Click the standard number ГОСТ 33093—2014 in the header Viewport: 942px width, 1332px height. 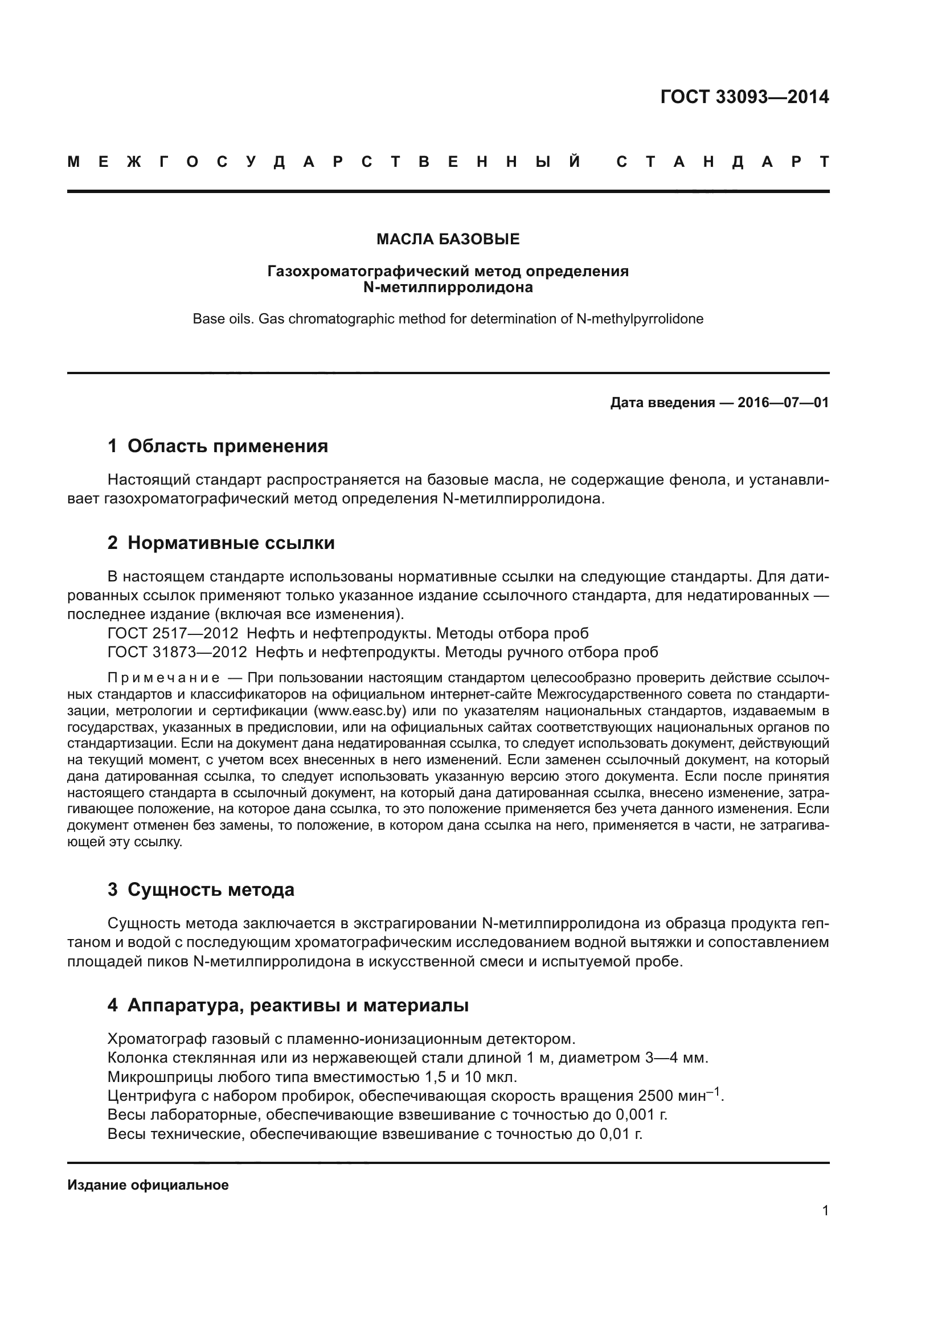tap(744, 97)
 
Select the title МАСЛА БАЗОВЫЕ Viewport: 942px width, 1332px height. tap(448, 239)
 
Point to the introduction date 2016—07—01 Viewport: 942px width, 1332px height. tap(783, 403)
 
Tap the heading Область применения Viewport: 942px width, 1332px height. tap(227, 446)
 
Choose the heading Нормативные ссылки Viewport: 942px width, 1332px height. tap(231, 543)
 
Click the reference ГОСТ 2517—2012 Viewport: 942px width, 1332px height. tap(173, 633)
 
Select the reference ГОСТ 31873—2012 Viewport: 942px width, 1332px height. tap(177, 652)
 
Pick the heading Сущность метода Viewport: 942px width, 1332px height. tap(211, 890)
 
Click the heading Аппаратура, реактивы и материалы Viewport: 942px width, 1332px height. tap(297, 1005)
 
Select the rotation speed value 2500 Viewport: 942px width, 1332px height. tap(657, 1096)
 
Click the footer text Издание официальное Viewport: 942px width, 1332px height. tap(148, 1185)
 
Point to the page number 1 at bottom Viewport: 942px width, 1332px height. tap(825, 1211)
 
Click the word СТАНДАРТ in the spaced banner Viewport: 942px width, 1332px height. tap(723, 162)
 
